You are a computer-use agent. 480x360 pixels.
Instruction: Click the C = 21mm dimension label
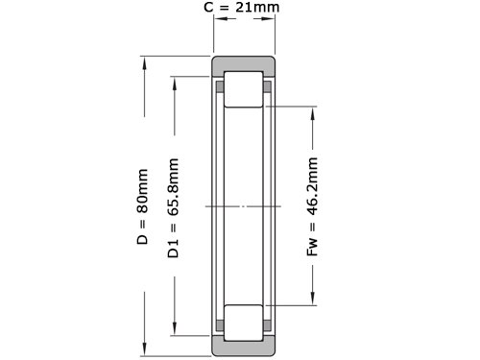coord(242,7)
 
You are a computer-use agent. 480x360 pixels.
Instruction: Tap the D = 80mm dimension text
coord(142,206)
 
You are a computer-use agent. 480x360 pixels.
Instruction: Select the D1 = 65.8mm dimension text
coord(173,208)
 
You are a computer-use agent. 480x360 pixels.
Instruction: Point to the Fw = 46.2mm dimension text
coord(312,206)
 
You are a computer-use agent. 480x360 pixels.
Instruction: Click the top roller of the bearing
coord(244,89)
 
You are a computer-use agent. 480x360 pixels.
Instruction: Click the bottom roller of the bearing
coord(244,323)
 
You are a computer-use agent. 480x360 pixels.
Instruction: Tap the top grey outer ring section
coord(244,66)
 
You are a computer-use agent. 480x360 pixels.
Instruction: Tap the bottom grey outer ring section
coord(244,346)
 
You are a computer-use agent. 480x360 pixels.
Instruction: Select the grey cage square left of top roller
coord(220,86)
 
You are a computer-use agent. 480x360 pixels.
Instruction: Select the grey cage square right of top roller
coord(267,86)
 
